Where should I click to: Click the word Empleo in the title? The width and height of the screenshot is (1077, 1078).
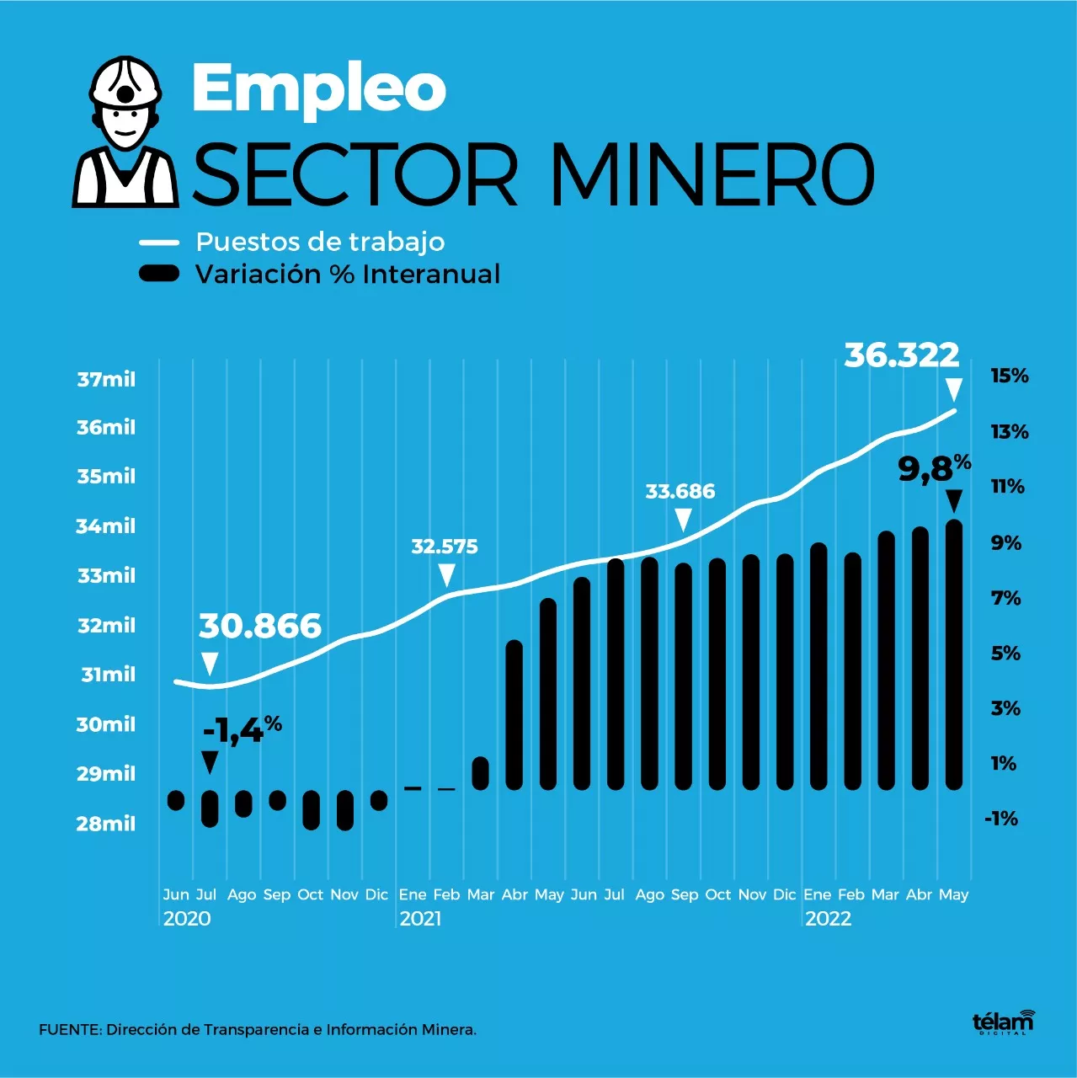click(318, 89)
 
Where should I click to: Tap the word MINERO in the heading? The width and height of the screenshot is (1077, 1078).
click(712, 174)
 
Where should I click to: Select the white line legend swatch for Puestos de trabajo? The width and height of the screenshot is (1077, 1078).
click(159, 243)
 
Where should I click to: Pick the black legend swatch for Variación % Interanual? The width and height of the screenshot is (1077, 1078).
click(159, 273)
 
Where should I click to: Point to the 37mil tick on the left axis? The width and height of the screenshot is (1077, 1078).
click(106, 380)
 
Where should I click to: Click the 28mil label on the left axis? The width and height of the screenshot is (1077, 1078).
click(105, 824)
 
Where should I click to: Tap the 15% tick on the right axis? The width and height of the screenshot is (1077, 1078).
click(1009, 376)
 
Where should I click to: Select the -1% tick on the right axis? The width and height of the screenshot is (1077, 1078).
click(1001, 819)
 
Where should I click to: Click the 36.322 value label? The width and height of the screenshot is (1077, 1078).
click(901, 355)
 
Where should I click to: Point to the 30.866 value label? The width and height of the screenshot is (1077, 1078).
click(260, 627)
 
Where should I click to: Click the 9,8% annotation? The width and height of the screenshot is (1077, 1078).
click(934, 468)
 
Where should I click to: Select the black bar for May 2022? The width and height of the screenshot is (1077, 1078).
click(953, 654)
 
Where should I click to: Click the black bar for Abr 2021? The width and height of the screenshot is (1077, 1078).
click(514, 714)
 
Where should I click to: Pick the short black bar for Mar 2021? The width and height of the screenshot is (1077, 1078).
click(480, 773)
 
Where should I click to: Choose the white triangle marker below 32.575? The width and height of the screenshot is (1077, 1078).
click(446, 576)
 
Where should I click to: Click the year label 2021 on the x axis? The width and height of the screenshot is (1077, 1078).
click(420, 919)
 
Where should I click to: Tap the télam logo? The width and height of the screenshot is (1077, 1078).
click(1003, 1022)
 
